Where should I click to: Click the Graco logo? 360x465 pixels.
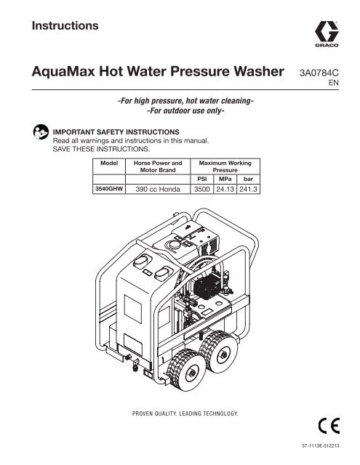(x=327, y=34)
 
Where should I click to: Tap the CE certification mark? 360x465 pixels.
(x=329, y=426)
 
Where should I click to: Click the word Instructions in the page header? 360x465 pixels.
(x=65, y=25)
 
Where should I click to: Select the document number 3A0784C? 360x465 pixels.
(x=319, y=73)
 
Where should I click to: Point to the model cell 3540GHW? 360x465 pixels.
(x=109, y=189)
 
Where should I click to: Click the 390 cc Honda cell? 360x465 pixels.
(x=158, y=189)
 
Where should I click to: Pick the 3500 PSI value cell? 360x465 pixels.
(x=201, y=189)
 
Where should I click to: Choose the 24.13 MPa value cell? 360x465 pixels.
(x=225, y=189)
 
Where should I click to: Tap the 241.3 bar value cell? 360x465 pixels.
(x=248, y=189)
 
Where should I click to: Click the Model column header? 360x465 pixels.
(x=109, y=163)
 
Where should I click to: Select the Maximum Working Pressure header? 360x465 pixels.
(x=225, y=166)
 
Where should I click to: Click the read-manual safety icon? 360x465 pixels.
(x=41, y=132)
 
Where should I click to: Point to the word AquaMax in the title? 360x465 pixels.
(x=63, y=71)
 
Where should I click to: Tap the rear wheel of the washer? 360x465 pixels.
(x=220, y=350)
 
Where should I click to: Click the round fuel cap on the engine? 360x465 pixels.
(x=175, y=245)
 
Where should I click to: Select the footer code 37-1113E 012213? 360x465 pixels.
(x=320, y=445)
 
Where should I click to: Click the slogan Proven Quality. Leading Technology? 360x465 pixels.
(x=185, y=413)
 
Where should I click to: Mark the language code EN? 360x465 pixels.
(x=334, y=83)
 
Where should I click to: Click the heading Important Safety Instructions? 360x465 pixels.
(x=116, y=132)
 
